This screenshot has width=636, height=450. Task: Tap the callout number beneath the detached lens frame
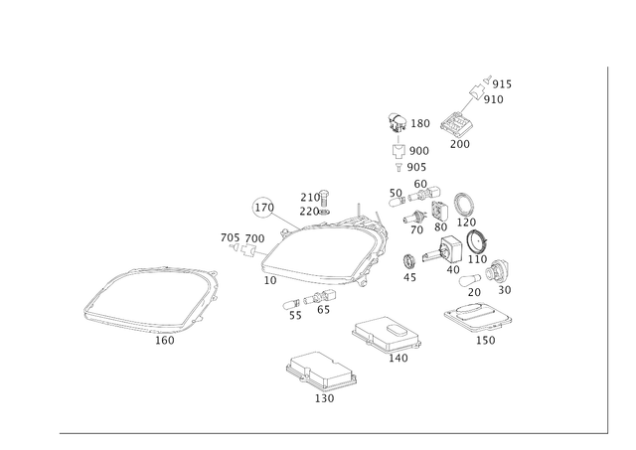click(165, 343)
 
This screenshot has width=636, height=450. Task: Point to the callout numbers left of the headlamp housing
click(241, 237)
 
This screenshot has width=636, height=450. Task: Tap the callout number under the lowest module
click(324, 398)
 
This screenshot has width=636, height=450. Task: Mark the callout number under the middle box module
click(397, 359)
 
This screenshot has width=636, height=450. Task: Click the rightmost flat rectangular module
click(477, 319)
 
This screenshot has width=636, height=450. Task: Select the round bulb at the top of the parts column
click(395, 121)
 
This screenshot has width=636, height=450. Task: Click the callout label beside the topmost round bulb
click(420, 123)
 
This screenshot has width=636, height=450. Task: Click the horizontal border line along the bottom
click(328, 433)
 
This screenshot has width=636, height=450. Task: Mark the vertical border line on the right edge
click(605, 248)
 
